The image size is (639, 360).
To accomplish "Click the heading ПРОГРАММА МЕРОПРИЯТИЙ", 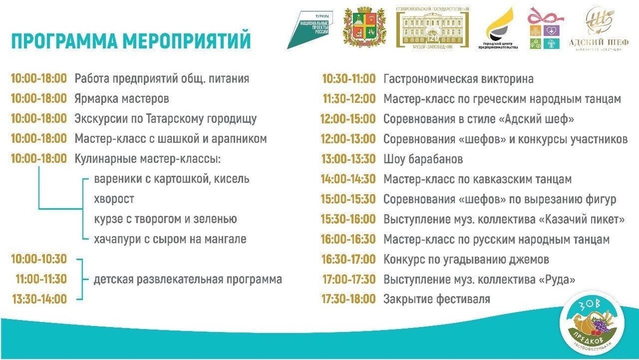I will pyautogui.click(x=130, y=40).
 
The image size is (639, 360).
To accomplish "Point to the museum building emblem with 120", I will pyautogui.click(x=432, y=29).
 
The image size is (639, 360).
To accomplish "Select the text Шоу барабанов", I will pyautogui.click(x=423, y=159).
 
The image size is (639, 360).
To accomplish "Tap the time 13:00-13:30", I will pyautogui.click(x=348, y=159).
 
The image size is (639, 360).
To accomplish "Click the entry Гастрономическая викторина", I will pyautogui.click(x=458, y=79).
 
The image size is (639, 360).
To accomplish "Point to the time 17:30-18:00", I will pyautogui.click(x=348, y=299).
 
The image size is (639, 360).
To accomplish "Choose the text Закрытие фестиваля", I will pyautogui.click(x=437, y=299).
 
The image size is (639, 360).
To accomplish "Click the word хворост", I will pyautogui.click(x=114, y=199).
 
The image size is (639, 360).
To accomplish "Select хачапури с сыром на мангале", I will pyautogui.click(x=170, y=239).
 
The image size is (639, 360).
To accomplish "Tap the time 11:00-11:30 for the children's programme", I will pyautogui.click(x=41, y=279).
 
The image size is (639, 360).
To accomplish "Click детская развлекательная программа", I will pyautogui.click(x=188, y=279).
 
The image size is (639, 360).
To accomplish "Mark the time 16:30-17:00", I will pyautogui.click(x=348, y=259).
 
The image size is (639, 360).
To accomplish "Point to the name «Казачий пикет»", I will pyautogui.click(x=580, y=219).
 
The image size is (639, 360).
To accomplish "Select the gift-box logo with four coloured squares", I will pyautogui.click(x=544, y=29).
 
